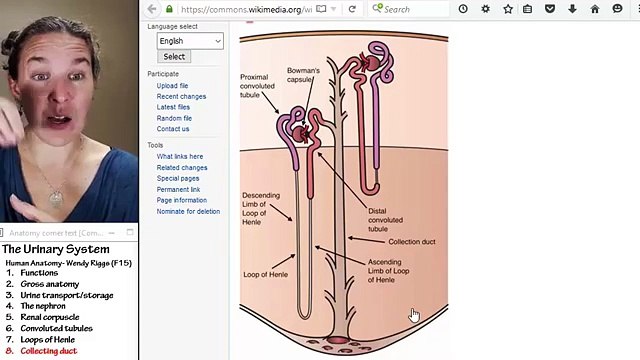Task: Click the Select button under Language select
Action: [174, 57]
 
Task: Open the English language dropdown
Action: [190, 41]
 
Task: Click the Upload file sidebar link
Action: [172, 86]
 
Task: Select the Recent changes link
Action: [181, 97]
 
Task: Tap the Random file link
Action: [174, 118]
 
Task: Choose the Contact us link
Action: [172, 129]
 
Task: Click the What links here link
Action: [179, 157]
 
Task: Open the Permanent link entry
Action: [178, 190]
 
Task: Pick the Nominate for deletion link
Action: [188, 212]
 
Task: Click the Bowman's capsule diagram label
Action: [303, 75]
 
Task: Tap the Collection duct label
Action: [411, 242]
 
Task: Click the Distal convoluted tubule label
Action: [385, 220]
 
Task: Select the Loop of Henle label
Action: [265, 274]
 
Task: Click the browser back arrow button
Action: [152, 9]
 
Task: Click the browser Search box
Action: [410, 9]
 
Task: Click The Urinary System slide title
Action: [55, 249]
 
